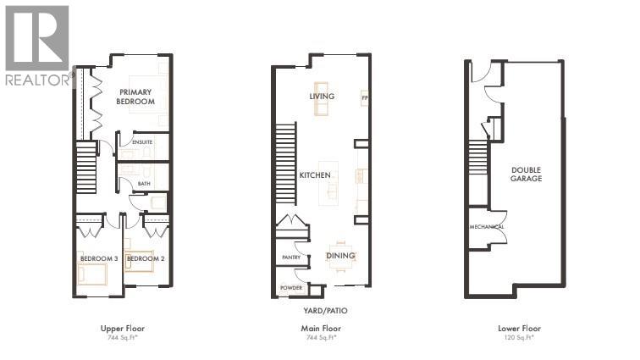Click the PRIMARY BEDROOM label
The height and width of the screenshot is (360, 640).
(135, 97)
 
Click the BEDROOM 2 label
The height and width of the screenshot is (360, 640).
(145, 258)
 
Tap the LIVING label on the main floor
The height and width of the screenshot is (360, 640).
(322, 97)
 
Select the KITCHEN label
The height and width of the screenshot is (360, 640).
(315, 175)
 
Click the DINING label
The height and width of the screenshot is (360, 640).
(341, 256)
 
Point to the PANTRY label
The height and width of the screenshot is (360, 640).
(292, 257)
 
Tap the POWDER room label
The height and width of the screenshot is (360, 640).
(291, 289)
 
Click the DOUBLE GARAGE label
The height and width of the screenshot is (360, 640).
(526, 174)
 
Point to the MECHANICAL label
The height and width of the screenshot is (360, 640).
(488, 227)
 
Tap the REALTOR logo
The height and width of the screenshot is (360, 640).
(36, 47)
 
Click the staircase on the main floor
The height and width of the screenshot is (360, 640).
(285, 160)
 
